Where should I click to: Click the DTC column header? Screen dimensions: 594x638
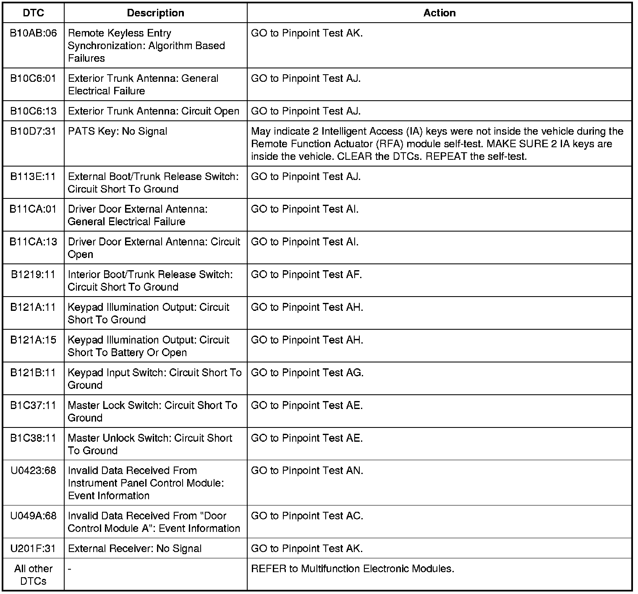(x=33, y=13)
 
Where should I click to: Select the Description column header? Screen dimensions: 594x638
(x=155, y=13)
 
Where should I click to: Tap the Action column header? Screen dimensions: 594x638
(x=439, y=13)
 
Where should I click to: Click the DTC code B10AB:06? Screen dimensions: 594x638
(x=33, y=33)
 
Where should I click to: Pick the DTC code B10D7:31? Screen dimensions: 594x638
(x=33, y=131)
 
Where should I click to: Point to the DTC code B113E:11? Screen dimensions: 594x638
(x=33, y=177)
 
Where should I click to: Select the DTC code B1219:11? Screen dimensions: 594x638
(x=33, y=275)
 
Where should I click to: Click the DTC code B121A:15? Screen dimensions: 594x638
(x=33, y=340)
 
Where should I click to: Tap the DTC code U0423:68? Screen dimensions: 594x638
(x=33, y=471)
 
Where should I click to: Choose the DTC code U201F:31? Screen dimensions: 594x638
(x=33, y=549)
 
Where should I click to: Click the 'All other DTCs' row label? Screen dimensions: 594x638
(x=33, y=575)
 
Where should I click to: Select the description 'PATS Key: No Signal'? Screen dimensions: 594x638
(x=118, y=131)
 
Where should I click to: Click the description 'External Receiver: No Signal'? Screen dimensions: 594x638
(x=135, y=549)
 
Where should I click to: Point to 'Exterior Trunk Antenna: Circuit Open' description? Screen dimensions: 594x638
(x=154, y=111)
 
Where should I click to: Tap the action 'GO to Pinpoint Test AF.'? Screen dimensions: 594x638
(x=306, y=275)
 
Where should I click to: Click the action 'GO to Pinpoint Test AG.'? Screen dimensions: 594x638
(x=307, y=373)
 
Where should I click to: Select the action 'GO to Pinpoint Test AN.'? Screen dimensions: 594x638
(x=307, y=471)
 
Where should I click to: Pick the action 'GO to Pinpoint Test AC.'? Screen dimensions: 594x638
(x=307, y=516)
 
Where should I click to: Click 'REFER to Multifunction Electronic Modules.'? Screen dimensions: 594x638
(x=353, y=569)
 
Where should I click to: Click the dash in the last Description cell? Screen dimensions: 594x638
(x=70, y=569)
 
